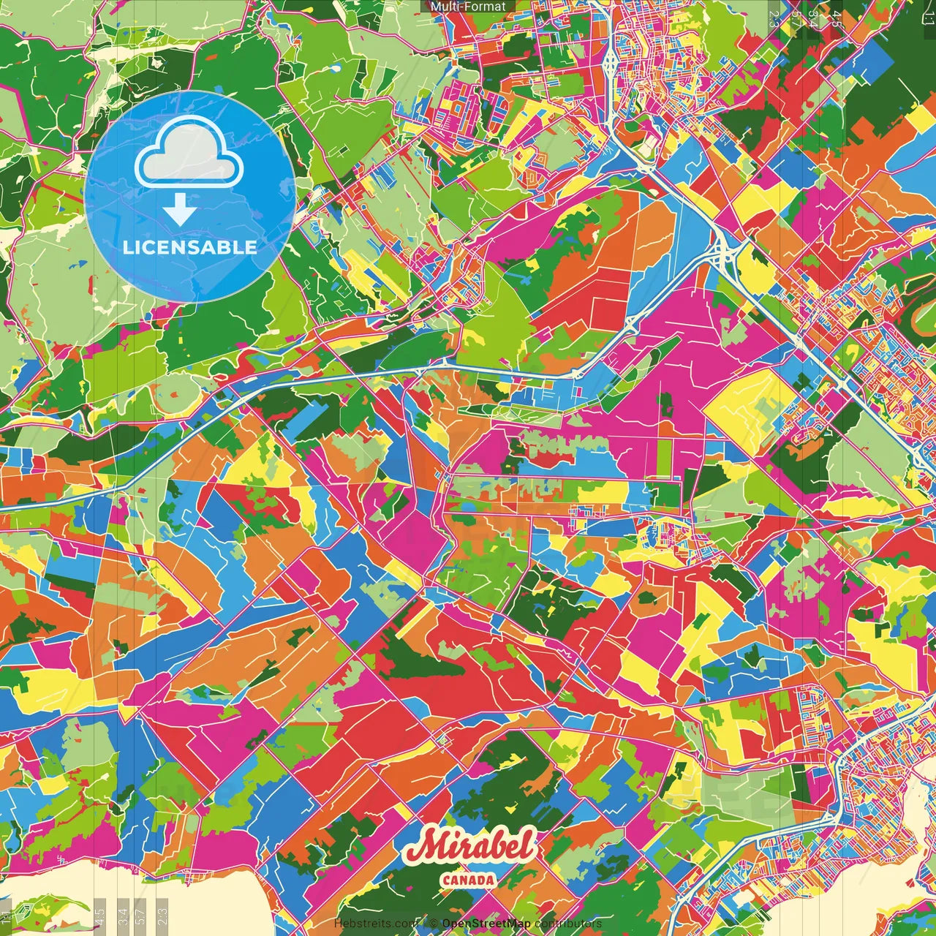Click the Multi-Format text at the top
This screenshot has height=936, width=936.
point(468,7)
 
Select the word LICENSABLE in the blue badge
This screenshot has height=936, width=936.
point(190,247)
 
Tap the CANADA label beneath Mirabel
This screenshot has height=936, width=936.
point(468,880)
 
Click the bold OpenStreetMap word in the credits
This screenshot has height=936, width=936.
point(486,924)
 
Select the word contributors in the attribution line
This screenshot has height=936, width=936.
point(567,924)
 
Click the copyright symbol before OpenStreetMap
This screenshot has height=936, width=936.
point(434,924)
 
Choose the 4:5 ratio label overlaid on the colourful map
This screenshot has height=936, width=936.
point(837,18)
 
